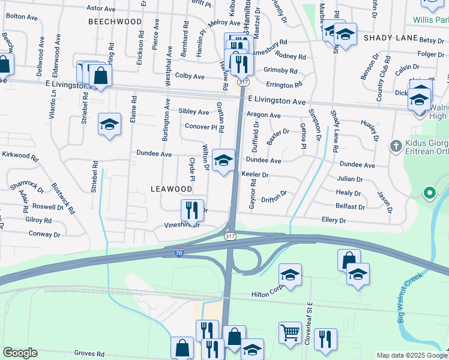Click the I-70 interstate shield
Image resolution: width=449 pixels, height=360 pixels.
pos(179,253)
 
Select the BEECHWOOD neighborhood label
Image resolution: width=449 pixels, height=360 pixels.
pos(115,22)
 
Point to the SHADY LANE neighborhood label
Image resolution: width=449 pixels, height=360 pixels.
pos(390,38)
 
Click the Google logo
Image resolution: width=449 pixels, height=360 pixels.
pos(20,353)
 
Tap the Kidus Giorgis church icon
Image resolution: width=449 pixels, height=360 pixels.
pos(396,146)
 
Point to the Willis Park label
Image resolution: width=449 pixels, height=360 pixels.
pos(430,19)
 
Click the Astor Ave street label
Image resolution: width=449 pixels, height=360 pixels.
pos(101,8)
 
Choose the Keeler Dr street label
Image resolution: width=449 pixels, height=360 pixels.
pos(255,175)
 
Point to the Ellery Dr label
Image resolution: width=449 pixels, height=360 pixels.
pos(334,220)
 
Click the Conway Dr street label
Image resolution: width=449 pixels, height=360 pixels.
pos(41,233)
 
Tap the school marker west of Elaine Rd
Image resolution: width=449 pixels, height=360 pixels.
pos(109,124)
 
